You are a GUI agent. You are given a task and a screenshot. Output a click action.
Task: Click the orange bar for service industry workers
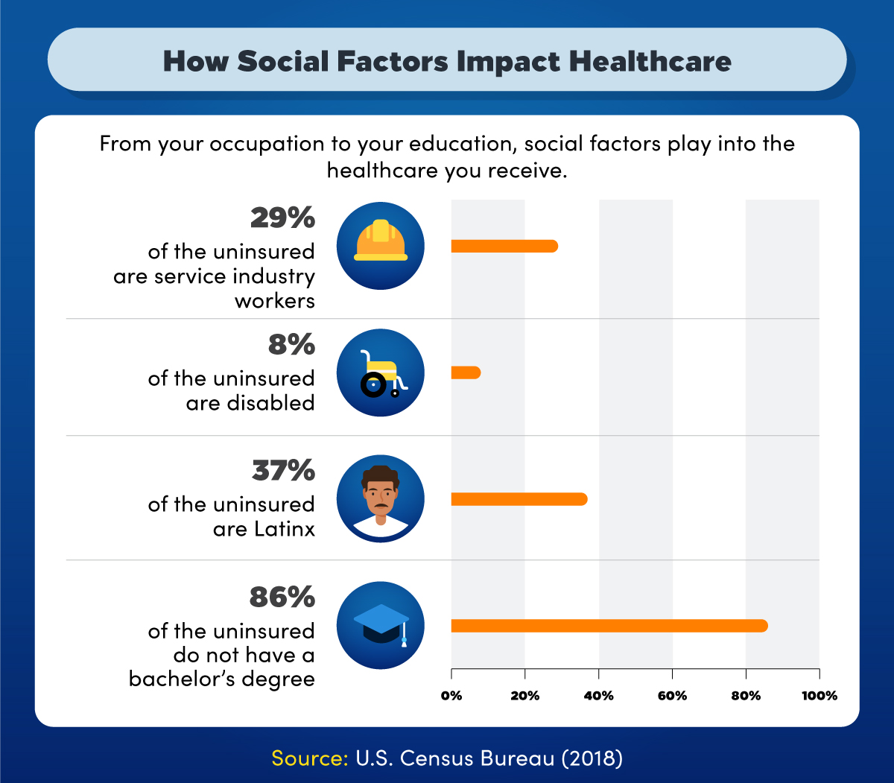point(504,247)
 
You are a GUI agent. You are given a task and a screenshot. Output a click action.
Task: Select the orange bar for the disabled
point(466,373)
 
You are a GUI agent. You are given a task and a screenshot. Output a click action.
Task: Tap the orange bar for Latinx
point(519,499)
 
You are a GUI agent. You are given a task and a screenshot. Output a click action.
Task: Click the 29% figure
point(282,218)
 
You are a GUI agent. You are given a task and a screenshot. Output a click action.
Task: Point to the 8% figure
point(292,345)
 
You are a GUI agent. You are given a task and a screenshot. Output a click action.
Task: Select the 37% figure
point(282,471)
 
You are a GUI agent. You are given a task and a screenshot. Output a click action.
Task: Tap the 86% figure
point(282,597)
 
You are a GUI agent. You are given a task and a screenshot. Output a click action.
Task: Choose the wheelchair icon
point(381,373)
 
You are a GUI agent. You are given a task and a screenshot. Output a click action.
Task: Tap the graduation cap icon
point(381,624)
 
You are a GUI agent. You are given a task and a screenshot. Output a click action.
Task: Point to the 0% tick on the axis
point(451,696)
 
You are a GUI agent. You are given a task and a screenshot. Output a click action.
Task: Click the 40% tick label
point(598,696)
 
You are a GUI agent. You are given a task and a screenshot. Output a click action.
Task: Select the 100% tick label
point(819,696)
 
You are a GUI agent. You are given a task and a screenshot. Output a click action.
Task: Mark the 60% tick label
point(672,696)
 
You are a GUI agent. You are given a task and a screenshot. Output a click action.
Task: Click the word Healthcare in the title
point(650,61)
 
